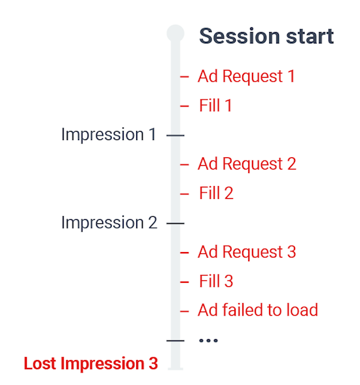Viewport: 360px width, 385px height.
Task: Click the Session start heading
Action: (x=266, y=36)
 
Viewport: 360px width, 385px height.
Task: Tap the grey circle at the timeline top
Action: (x=175, y=33)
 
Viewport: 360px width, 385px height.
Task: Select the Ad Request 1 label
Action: (x=246, y=77)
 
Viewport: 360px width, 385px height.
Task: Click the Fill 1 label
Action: (x=215, y=105)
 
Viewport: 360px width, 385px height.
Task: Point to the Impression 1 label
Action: (x=109, y=135)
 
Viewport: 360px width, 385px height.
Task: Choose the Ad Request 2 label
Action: (x=247, y=164)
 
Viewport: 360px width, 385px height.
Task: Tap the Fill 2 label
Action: (x=216, y=193)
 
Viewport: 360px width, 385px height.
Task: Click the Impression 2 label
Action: (x=109, y=223)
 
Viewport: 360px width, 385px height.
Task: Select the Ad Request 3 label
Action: (x=247, y=252)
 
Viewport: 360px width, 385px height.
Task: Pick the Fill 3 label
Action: (x=216, y=282)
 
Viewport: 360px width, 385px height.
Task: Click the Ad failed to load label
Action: (x=258, y=310)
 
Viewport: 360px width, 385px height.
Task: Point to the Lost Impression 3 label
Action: (x=91, y=363)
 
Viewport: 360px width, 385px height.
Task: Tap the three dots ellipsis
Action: (x=208, y=340)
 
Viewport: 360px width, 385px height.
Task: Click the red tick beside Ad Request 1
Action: (x=185, y=77)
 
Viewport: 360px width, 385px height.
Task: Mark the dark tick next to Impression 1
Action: (x=175, y=136)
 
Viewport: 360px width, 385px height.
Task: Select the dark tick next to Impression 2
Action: (x=175, y=223)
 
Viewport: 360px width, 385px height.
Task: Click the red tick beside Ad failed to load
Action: (x=185, y=312)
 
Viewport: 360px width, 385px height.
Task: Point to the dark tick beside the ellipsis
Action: (x=175, y=340)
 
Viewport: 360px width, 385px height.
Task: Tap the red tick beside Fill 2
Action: (x=185, y=194)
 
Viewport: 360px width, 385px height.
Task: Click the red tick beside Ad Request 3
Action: (x=185, y=253)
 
